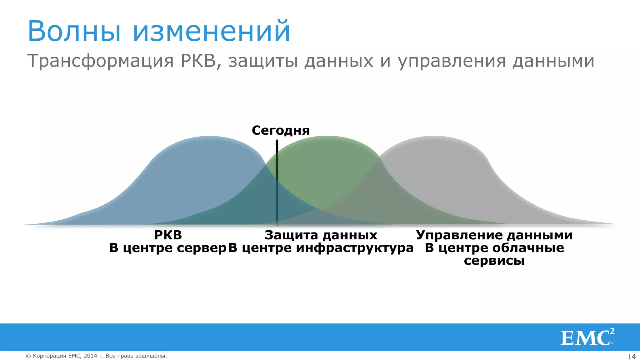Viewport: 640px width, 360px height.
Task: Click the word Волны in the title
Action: [x=74, y=31]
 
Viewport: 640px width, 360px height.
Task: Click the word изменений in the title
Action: [x=212, y=31]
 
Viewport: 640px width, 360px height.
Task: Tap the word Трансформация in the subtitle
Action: [x=100, y=61]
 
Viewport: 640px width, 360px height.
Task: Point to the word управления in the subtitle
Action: [x=452, y=61]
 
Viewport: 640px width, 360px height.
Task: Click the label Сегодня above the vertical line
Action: [x=281, y=130]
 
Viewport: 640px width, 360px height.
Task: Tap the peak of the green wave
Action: [x=327, y=138]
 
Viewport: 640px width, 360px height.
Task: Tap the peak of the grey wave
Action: [x=434, y=138]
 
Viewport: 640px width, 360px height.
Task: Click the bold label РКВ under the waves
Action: [x=168, y=235]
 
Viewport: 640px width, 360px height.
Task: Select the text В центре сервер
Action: [x=167, y=248]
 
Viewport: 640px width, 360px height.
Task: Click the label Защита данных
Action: [x=321, y=235]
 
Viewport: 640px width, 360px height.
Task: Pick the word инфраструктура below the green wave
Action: [x=355, y=248]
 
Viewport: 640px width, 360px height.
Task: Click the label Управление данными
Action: [x=494, y=235]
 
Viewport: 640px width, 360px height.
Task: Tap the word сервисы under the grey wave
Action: [x=494, y=260]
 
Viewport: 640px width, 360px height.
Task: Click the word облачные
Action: [x=528, y=248]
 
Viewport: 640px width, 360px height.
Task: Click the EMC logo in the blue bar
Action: [x=587, y=337]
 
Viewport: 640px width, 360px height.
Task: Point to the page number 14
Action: [x=631, y=357]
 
